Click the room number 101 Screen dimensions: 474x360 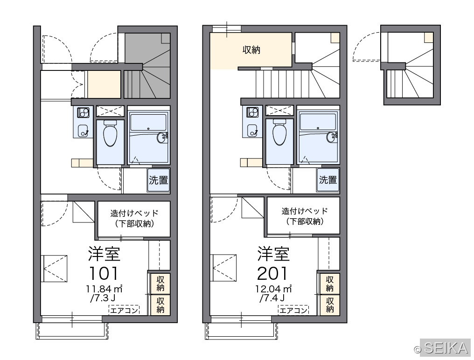click(x=104, y=273)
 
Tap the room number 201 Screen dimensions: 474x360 click(x=272, y=273)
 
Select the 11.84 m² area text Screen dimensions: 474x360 click(x=104, y=289)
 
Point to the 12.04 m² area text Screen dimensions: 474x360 click(x=273, y=289)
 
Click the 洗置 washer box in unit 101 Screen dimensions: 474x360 click(x=159, y=180)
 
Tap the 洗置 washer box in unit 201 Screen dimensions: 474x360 click(x=328, y=180)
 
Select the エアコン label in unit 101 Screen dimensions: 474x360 click(x=124, y=310)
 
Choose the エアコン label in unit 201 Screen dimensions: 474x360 click(x=293, y=310)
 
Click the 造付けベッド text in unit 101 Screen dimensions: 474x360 click(x=134, y=213)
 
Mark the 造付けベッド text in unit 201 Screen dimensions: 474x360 click(x=305, y=211)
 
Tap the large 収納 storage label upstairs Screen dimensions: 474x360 click(x=251, y=50)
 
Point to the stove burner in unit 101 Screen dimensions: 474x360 click(x=83, y=112)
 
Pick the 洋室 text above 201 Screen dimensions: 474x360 click(x=273, y=254)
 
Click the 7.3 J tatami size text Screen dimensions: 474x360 click(x=103, y=298)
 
